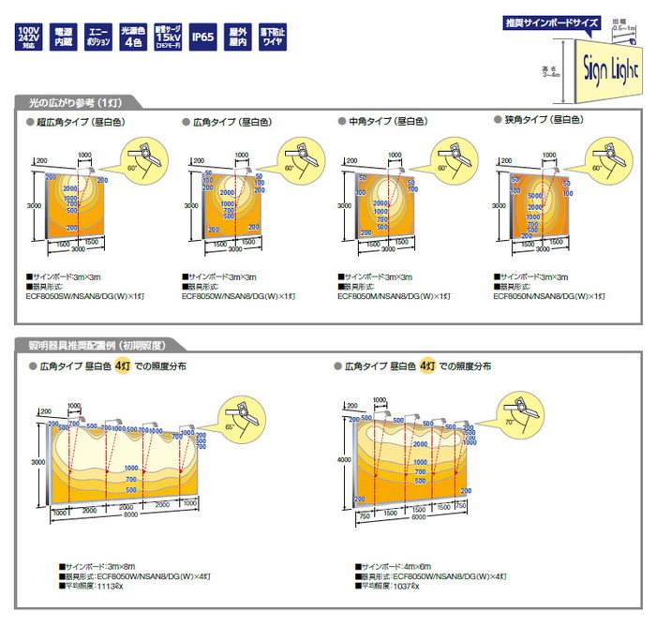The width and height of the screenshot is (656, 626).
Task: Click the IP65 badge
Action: (203, 37)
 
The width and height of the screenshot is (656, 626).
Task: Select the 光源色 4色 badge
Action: (134, 37)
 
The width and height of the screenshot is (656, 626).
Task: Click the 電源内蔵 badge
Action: (64, 37)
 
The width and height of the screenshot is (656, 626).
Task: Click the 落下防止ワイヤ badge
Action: (274, 37)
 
